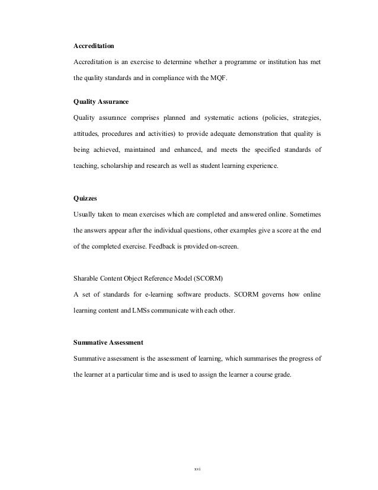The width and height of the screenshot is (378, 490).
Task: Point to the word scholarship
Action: click(x=118, y=167)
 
